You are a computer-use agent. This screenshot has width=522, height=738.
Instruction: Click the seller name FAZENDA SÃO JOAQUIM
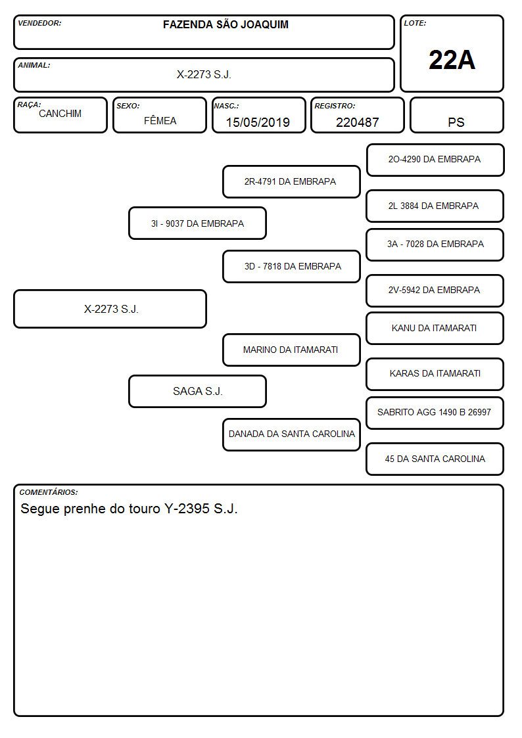tap(225, 24)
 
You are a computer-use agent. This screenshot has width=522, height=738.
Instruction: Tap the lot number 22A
tap(452, 60)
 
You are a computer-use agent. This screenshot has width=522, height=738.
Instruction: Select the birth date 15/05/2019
tap(258, 122)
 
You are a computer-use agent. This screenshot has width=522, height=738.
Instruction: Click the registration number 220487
tap(357, 122)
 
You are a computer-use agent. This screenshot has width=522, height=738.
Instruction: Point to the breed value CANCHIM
tap(60, 114)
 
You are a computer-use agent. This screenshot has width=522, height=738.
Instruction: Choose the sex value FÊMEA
tap(160, 120)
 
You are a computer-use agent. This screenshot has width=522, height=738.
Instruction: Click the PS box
tap(456, 116)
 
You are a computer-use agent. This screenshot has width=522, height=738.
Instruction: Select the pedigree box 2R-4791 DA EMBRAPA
tap(291, 181)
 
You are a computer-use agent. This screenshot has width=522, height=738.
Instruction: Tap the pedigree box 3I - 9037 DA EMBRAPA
tap(198, 223)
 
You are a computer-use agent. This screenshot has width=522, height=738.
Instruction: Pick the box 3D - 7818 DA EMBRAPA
tap(291, 266)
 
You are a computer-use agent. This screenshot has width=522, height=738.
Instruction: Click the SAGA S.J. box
tap(198, 391)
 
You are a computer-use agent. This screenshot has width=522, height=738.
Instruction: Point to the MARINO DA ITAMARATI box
tap(291, 350)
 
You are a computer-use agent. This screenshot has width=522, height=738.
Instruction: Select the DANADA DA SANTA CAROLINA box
tap(291, 434)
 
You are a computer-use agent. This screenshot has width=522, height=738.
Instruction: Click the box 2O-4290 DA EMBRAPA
tap(435, 160)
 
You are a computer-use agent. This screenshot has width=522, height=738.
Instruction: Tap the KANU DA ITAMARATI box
tap(435, 328)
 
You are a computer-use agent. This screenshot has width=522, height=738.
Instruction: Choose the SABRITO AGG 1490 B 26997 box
tap(435, 413)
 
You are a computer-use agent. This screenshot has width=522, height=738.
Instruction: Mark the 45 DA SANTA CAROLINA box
tap(435, 459)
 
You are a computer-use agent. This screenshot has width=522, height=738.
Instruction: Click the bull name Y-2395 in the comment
tap(187, 509)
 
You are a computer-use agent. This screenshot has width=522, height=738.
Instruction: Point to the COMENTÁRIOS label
tap(49, 492)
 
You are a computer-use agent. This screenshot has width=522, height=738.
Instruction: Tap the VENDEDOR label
tap(39, 23)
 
